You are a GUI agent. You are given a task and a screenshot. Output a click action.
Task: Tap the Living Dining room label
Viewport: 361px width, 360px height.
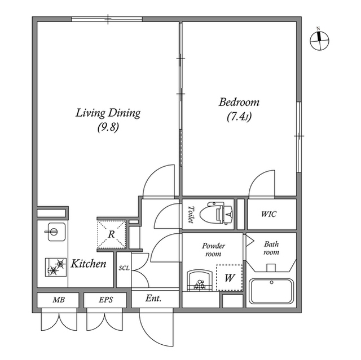pos(108,113)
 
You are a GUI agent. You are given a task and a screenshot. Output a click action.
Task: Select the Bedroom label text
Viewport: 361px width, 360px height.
pos(239,103)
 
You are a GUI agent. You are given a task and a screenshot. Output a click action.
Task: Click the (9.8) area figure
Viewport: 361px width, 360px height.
pos(107,127)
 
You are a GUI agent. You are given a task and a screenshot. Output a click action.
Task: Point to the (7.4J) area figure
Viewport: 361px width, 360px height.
pos(239,117)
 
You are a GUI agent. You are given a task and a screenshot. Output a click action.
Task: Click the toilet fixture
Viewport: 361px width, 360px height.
pos(219,214)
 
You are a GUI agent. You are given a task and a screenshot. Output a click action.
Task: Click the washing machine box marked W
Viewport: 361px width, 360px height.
pos(230,278)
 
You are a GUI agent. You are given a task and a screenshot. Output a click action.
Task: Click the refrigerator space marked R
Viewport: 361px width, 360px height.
pos(112,232)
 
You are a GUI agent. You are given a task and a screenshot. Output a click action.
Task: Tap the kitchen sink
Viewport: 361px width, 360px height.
pos(54,231)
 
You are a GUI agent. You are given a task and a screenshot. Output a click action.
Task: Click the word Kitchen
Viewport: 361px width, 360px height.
pos(89,264)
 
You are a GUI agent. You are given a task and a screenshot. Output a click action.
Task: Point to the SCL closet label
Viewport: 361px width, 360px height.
pos(124,268)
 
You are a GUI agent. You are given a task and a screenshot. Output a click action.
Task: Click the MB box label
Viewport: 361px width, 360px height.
pos(58,300)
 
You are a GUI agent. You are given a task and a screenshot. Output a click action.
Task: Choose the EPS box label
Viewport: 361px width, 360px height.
pos(105,300)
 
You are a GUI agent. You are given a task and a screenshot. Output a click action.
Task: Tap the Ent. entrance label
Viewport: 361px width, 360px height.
pos(153,299)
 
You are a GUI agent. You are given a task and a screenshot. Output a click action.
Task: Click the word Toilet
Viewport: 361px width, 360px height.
pos(190,214)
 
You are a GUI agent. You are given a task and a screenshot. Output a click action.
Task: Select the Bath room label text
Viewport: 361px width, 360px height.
pos(271,248)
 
